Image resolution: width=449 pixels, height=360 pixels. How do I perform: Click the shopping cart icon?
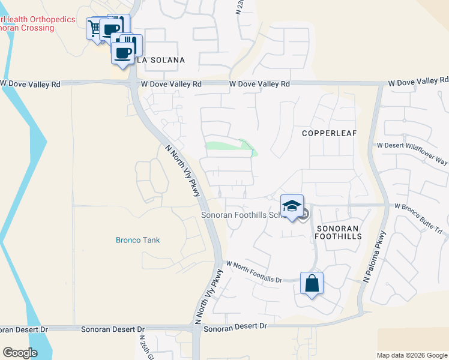[x=94, y=28]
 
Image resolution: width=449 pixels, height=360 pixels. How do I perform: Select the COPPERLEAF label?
[x=326, y=133]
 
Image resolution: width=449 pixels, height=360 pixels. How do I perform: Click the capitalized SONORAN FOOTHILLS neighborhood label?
[x=338, y=232]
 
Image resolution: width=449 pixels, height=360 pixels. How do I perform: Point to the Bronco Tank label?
[x=138, y=240]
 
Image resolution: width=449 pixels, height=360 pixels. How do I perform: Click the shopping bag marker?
[x=312, y=283]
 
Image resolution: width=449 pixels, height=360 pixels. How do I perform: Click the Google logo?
[x=20, y=353]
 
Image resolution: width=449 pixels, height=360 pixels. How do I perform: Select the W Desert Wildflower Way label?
[x=412, y=145]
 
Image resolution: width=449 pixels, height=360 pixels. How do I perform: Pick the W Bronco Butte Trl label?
[x=418, y=206]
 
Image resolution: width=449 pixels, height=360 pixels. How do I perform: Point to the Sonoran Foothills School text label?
[x=241, y=215]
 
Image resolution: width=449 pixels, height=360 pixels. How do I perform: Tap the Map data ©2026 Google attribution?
[x=412, y=355]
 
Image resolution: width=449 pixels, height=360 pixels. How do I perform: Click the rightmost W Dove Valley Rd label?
[x=418, y=80]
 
